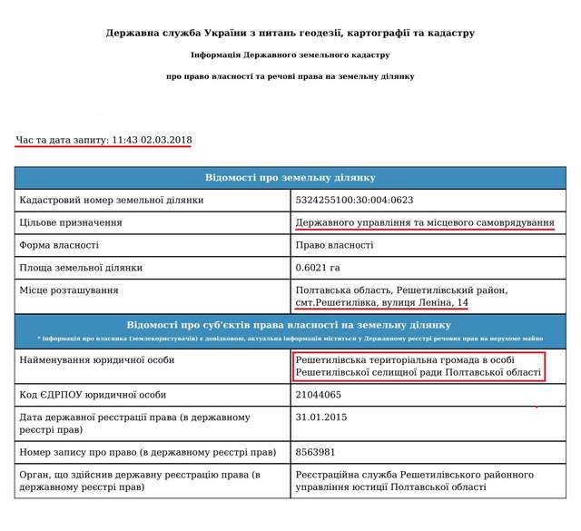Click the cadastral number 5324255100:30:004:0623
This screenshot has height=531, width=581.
352,200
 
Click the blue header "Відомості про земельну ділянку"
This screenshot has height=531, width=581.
290,177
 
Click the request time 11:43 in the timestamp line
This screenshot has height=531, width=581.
124,141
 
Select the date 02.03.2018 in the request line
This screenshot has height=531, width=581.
165,141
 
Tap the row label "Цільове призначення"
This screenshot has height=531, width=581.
71,222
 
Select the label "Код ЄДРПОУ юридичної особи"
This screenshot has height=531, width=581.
93,395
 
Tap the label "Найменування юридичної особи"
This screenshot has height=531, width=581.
96,361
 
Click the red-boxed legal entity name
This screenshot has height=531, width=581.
419,368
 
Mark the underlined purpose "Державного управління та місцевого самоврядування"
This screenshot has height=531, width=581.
425,222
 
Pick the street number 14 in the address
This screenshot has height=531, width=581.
462,301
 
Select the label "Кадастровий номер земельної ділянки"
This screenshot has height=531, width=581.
112,200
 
